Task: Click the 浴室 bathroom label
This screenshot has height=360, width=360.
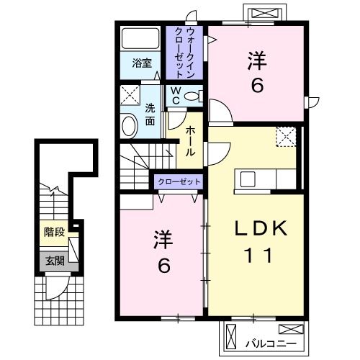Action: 141,63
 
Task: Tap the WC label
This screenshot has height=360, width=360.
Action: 175,96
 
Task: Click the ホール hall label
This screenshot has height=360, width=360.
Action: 190,140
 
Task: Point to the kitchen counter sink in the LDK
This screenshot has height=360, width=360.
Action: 243,179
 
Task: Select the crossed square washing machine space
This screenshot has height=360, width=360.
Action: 130,96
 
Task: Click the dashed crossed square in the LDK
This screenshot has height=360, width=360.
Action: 285,136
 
